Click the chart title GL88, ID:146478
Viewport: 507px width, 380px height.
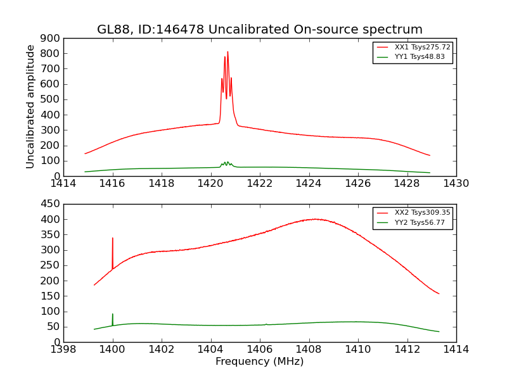[x=259, y=30]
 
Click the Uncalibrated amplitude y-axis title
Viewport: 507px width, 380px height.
[x=30, y=106]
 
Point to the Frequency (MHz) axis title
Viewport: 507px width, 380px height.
[x=259, y=362]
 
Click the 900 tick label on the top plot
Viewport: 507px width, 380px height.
[x=50, y=38]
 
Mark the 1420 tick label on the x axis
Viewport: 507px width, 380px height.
[x=210, y=184]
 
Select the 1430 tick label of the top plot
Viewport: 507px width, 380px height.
[x=456, y=184]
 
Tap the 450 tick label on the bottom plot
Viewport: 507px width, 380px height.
[x=50, y=204]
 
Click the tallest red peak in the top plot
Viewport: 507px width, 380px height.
[x=228, y=53]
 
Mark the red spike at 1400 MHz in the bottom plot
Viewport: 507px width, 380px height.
[x=113, y=239]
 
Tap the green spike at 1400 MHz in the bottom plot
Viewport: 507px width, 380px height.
[x=113, y=315]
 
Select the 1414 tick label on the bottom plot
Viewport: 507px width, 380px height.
[x=456, y=350]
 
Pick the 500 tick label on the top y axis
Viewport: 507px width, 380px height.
[x=50, y=99]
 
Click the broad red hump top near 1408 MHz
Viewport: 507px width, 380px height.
[x=315, y=219]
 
